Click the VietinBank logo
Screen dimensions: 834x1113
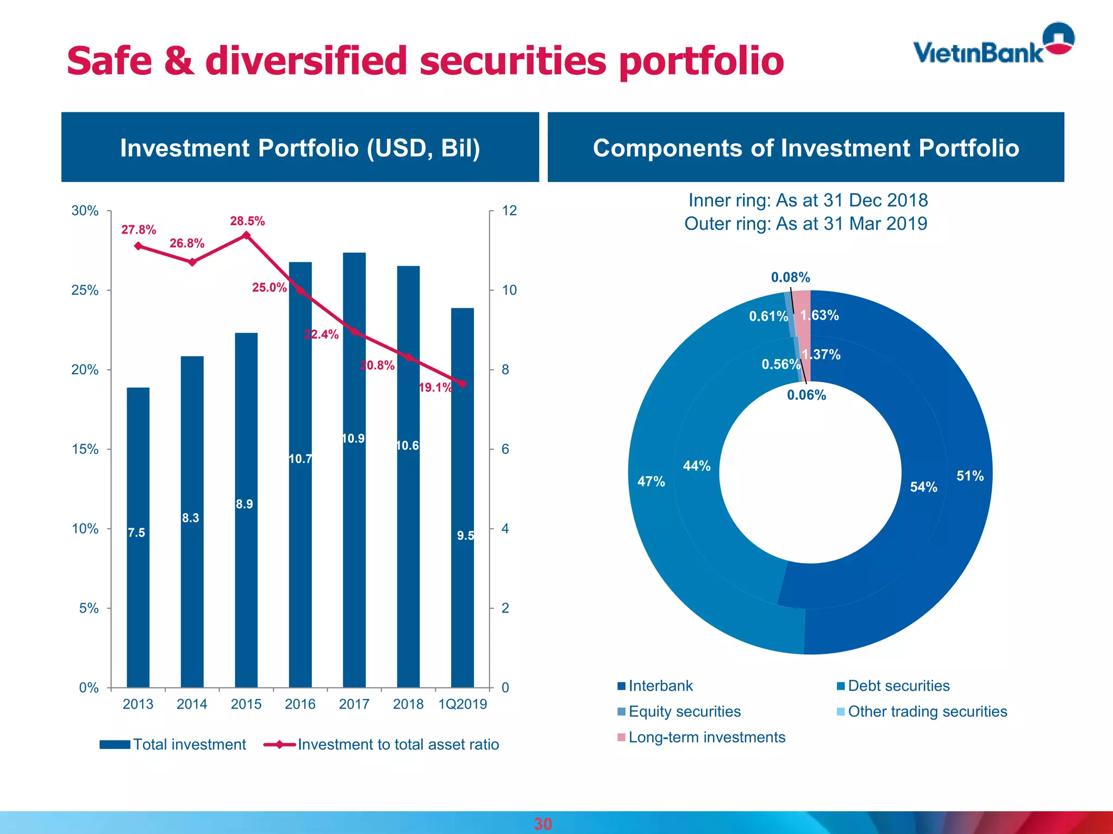tap(993, 46)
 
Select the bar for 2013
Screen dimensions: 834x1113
tap(138, 538)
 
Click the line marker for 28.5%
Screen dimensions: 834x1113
tap(246, 235)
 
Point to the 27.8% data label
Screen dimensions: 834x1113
tap(139, 230)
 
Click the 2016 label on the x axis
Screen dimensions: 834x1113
tap(300, 704)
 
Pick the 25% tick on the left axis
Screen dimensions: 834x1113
tap(85, 290)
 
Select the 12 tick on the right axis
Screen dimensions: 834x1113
tap(509, 211)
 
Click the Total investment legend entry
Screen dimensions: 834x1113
tap(173, 744)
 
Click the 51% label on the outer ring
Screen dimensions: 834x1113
tap(970, 476)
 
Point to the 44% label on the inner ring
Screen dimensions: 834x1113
tap(697, 466)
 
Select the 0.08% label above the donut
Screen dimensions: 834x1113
tap(790, 277)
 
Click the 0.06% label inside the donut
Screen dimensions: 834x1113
tap(806, 395)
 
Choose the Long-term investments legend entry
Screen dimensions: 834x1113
tap(702, 737)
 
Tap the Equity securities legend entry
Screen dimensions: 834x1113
tap(679, 712)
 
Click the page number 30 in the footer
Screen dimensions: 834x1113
tap(542, 824)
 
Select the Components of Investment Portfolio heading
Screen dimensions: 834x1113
tap(805, 148)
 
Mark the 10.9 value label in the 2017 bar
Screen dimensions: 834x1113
tap(353, 439)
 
